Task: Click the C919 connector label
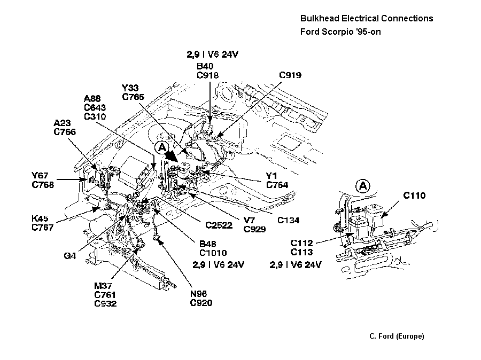point(290,75)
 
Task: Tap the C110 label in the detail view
point(414,196)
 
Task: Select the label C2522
point(218,225)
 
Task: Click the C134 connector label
point(288,220)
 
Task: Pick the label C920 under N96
point(201,303)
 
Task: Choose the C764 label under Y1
point(277,185)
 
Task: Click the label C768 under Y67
point(43,184)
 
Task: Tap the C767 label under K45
point(43,228)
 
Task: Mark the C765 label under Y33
point(134,97)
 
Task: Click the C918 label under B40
point(208,75)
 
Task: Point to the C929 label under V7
point(254,229)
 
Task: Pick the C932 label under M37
point(105,304)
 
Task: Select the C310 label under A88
point(95,116)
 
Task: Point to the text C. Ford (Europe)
point(397,336)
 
